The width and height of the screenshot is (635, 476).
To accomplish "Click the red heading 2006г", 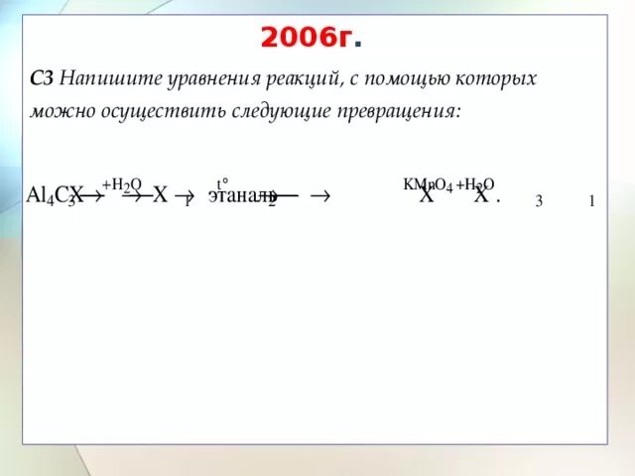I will [x=311, y=39].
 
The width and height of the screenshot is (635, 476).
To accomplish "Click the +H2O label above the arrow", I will [x=122, y=185].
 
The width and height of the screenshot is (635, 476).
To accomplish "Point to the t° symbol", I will [x=223, y=183].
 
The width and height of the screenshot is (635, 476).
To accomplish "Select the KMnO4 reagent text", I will [x=428, y=184].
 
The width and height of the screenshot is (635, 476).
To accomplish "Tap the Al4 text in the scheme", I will [x=41, y=194].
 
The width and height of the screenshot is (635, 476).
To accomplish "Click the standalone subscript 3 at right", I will [x=539, y=201].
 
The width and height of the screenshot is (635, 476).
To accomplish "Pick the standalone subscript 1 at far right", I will [x=591, y=201].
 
